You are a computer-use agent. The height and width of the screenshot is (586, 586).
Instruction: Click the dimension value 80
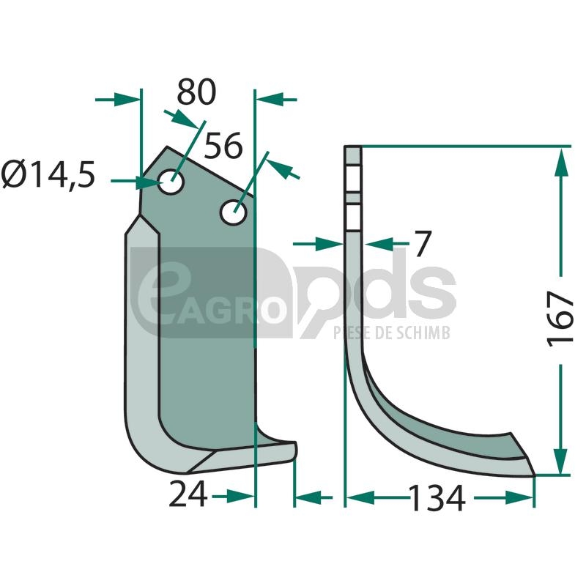click(x=196, y=92)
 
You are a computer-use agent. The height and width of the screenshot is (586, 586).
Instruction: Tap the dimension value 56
click(x=223, y=146)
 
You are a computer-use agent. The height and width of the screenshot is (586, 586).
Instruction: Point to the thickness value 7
click(x=423, y=243)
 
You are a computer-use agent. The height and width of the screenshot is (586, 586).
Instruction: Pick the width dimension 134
click(x=437, y=498)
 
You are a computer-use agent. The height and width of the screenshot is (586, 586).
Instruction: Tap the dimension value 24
click(x=188, y=494)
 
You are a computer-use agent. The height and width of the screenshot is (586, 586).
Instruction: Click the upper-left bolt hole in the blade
click(x=171, y=182)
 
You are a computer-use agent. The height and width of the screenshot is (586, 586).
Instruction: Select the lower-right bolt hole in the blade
click(x=234, y=212)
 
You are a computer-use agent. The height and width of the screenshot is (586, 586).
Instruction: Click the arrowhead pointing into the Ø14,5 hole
click(x=149, y=182)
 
